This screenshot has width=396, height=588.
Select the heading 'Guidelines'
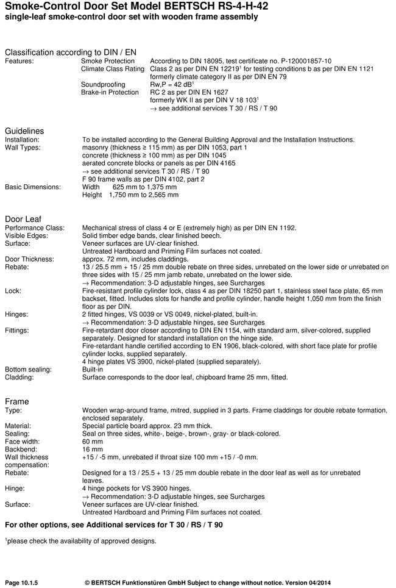pos(24,131)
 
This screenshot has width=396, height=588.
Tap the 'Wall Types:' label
pos(24,148)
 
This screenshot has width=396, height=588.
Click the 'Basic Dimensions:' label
pos(33,187)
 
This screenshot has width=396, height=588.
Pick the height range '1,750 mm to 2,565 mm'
pos(144,195)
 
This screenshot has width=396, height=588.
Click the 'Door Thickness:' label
pos(30,259)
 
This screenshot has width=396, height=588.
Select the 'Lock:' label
pos(13,291)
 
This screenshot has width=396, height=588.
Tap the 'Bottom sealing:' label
pos(29,370)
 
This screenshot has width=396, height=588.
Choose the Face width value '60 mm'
pos(93,441)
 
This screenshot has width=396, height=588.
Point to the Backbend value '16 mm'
pos(93,449)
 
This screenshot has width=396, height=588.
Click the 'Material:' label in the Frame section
pos(18,425)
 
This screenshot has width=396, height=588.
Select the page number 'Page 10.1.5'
pos(21,583)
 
